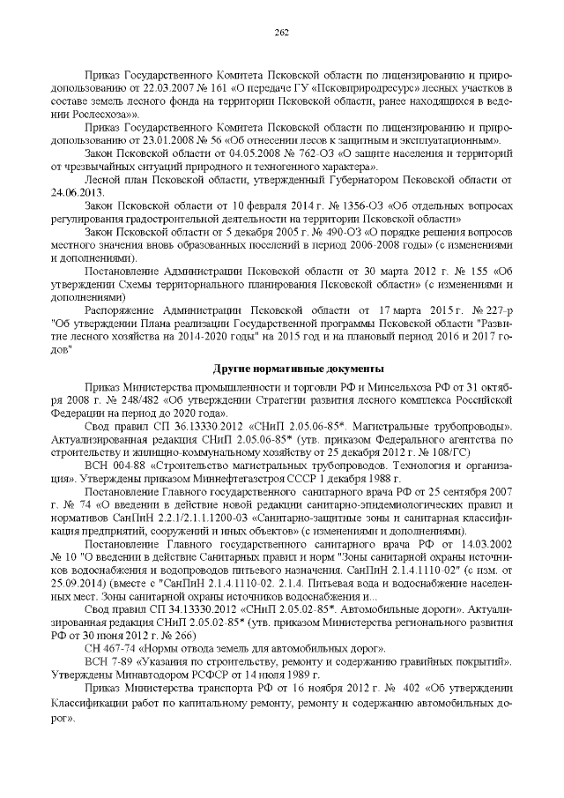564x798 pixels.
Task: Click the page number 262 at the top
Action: (282, 33)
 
